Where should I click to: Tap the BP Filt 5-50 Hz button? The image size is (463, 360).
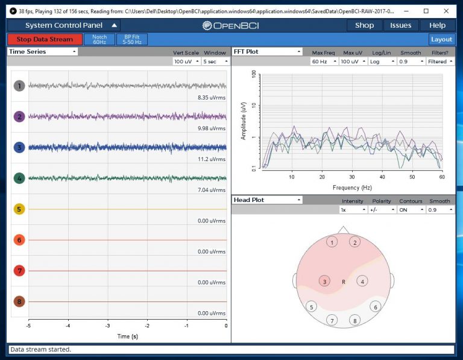click(131, 39)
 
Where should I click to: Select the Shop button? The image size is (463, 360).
click(364, 25)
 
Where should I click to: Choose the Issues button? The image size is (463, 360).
click(400, 25)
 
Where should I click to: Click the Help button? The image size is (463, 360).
click(437, 25)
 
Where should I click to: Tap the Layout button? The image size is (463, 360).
click(441, 39)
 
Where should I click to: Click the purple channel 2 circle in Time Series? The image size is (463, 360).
click(20, 116)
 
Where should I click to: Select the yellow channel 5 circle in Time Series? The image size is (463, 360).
click(20, 209)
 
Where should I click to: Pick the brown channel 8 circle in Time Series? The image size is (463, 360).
click(20, 302)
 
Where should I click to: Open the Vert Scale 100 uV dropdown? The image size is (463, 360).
click(186, 62)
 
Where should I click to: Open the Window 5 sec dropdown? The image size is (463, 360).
click(215, 62)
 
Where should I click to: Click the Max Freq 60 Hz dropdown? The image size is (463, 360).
click(323, 62)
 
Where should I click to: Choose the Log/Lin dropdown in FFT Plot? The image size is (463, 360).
click(382, 62)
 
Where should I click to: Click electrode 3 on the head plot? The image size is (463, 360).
click(325, 282)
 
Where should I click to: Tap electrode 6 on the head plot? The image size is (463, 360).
click(376, 307)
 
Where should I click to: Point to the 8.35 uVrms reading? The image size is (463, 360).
click(212, 97)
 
